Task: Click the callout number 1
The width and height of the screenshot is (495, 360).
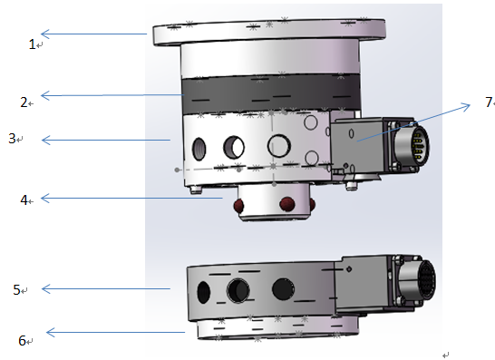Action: coord(32,44)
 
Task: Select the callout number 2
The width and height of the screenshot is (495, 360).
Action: coord(24,102)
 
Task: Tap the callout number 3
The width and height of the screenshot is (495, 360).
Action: coord(12,139)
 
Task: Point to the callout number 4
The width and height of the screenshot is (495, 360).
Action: coord(24,199)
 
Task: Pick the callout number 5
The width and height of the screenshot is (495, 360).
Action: coord(16,289)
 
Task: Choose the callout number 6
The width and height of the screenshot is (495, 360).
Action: coord(22,341)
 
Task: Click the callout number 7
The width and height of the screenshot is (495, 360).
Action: coord(489,102)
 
